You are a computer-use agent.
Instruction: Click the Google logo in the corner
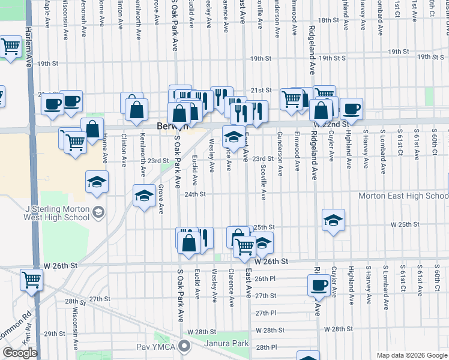coord(20,353)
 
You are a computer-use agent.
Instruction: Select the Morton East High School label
coord(403,196)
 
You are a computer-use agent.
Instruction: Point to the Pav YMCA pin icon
coord(185,345)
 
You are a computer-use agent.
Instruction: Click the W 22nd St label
coord(331,124)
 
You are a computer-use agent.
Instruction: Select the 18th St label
coord(328,20)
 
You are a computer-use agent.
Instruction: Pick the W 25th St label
coord(404,224)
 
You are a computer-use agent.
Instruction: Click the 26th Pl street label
coord(265,278)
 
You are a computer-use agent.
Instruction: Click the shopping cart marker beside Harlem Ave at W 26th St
coord(31,278)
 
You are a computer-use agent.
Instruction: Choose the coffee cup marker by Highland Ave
coord(352,108)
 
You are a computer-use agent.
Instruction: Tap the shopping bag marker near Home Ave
coord(92,128)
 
